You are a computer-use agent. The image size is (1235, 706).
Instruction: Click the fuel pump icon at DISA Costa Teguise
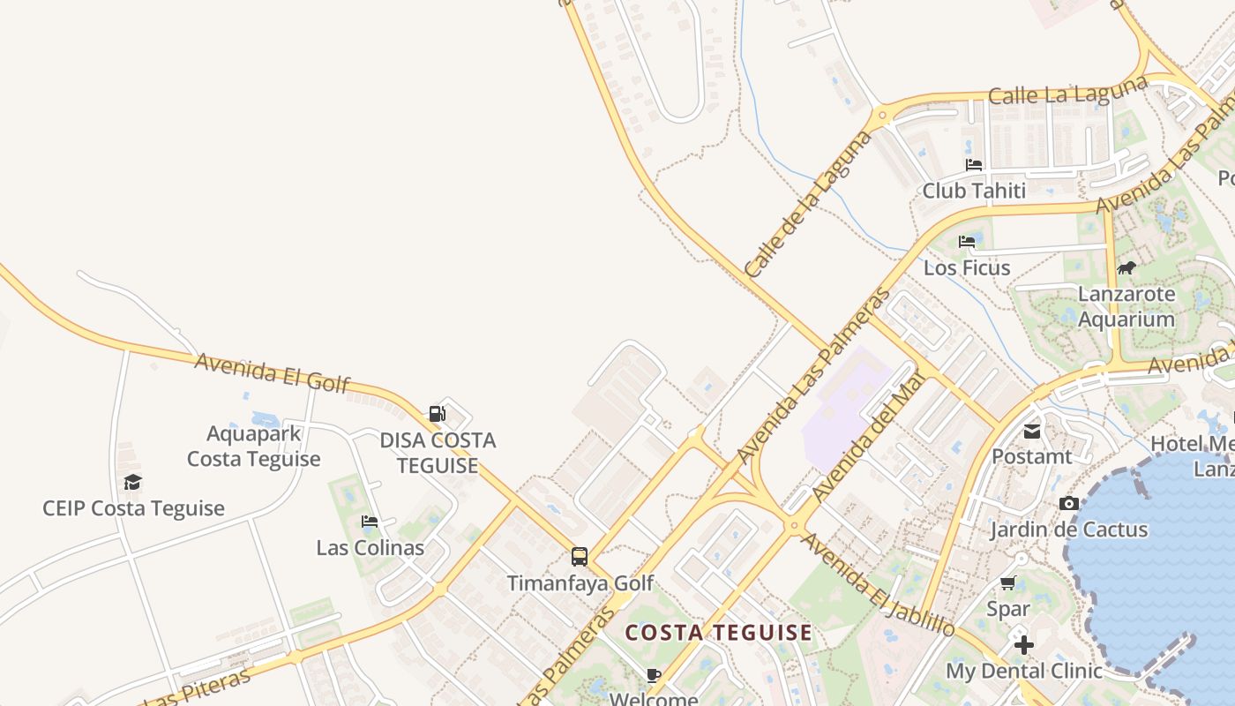tap(437, 413)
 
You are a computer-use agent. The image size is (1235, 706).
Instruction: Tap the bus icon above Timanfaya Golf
tap(580, 557)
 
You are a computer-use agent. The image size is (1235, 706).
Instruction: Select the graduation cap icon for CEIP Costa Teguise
tap(132, 482)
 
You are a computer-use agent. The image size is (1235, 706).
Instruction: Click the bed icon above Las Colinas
tap(370, 522)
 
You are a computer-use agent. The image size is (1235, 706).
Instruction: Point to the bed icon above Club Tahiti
tap(974, 165)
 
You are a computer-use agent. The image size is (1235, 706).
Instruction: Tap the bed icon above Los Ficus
tap(967, 241)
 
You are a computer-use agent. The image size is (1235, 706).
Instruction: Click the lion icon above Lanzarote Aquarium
tap(1126, 267)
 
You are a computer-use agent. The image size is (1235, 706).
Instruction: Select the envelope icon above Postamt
tap(1031, 432)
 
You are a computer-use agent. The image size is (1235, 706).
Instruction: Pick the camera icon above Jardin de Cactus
tap(1069, 503)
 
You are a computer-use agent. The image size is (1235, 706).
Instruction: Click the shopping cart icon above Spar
tap(1008, 582)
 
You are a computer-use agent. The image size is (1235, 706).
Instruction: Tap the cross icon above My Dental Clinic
tap(1023, 645)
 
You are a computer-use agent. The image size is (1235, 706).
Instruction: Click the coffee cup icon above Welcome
tap(654, 676)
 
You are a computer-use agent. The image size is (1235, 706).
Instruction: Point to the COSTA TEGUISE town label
tap(718, 633)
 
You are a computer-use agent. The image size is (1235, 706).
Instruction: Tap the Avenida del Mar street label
tap(868, 438)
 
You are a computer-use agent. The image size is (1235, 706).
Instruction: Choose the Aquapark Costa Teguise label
tap(253, 447)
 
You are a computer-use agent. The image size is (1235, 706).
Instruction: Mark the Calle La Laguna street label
tap(1068, 90)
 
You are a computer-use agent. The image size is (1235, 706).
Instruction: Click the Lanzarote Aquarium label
tap(1126, 306)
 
